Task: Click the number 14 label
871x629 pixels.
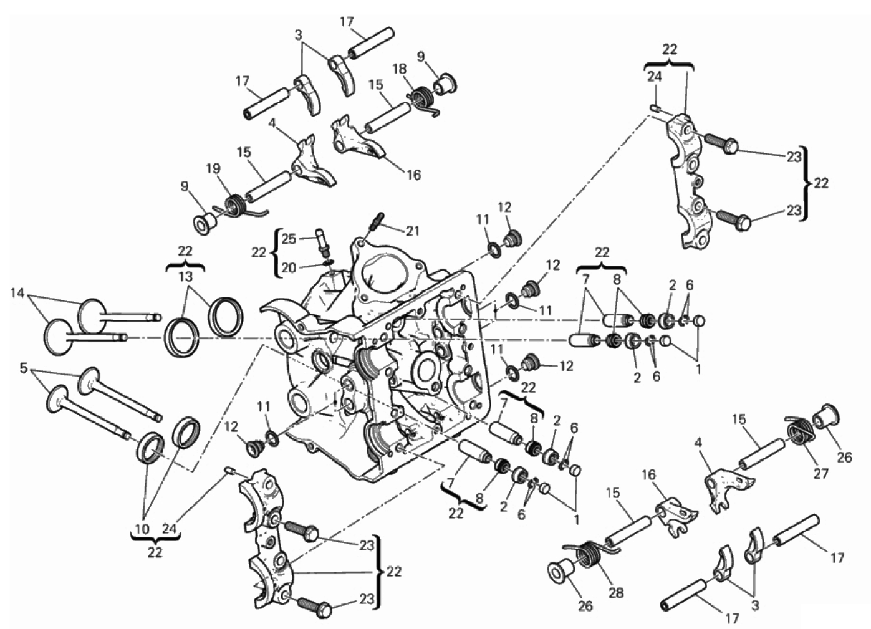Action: point(17,293)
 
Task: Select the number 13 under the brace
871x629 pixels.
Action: point(186,277)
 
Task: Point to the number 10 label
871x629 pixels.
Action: point(142,529)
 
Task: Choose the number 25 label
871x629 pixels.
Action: point(289,239)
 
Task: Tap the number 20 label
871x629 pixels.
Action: point(289,268)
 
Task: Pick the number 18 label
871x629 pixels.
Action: point(399,69)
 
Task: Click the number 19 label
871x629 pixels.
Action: point(213,169)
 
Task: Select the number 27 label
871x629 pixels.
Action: point(821,474)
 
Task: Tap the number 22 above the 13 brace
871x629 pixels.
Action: point(185,251)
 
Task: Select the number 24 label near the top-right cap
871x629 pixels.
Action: point(655,77)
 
